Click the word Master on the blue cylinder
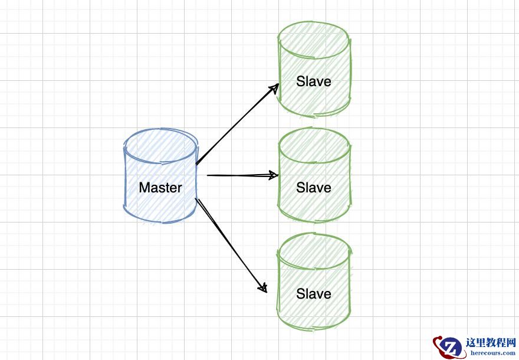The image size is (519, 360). click(160, 188)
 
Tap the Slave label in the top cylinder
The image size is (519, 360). click(314, 81)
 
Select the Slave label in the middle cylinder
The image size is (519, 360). click(314, 188)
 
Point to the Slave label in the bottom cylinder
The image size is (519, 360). click(314, 294)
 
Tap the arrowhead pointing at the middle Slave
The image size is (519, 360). click(274, 175)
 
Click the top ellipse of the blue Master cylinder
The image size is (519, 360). click(160, 145)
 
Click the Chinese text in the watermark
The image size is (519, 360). click(491, 343)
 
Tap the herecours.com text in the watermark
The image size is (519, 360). click(492, 353)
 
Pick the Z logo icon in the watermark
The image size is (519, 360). click(449, 346)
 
